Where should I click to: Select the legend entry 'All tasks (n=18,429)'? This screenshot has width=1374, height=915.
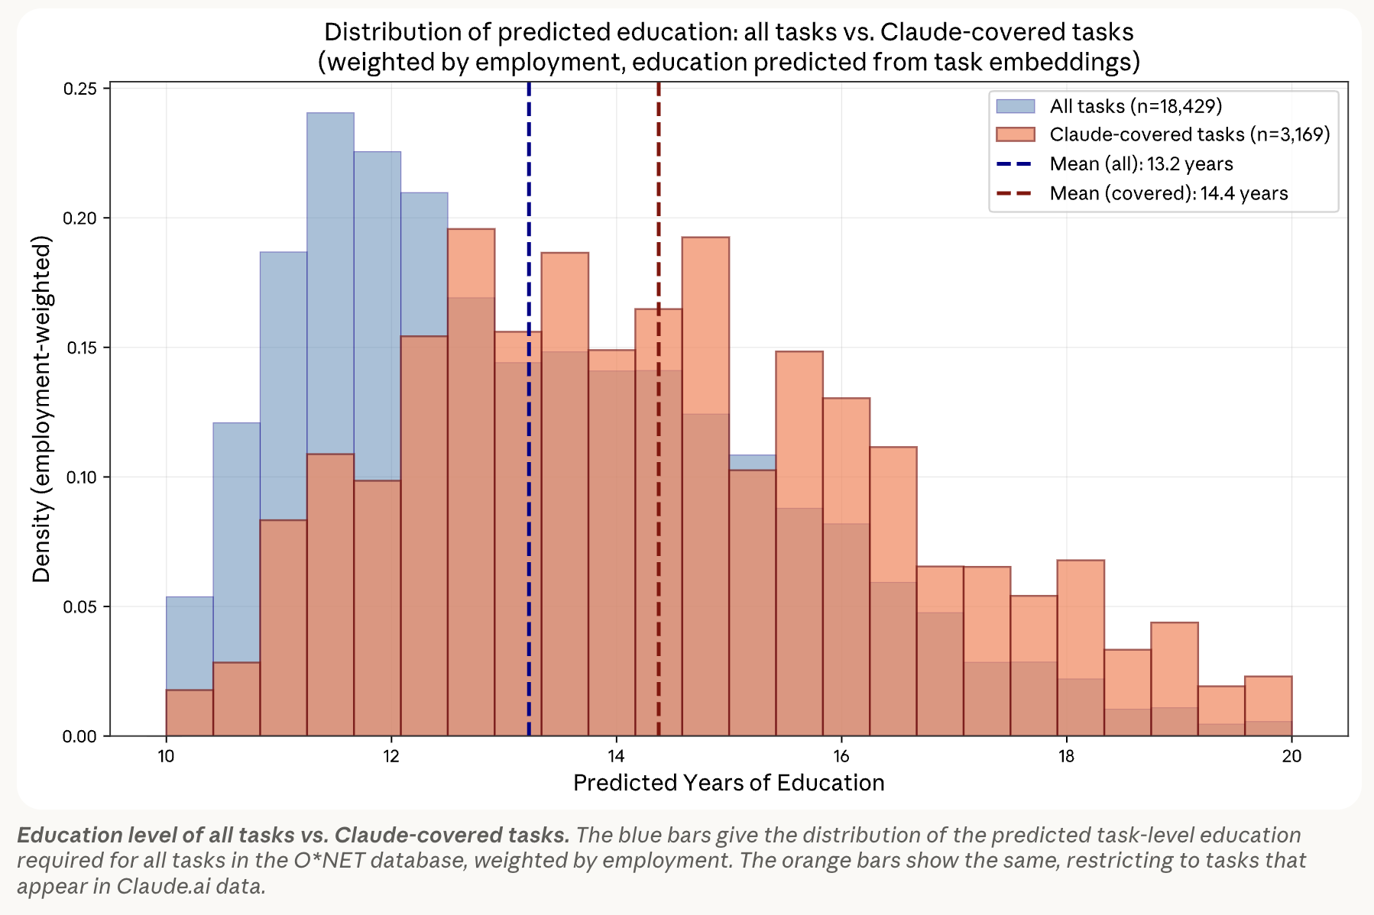click(x=1136, y=106)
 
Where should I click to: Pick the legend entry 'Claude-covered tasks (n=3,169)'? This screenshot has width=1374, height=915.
click(x=1189, y=135)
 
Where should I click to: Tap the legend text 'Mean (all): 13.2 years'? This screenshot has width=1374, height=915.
click(x=1141, y=164)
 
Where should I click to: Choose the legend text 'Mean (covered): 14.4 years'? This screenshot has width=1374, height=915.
click(x=1168, y=193)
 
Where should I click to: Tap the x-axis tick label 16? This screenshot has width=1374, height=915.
click(x=841, y=756)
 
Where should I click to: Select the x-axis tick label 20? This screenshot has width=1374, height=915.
click(x=1291, y=756)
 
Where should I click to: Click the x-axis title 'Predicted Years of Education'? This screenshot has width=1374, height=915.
click(x=728, y=783)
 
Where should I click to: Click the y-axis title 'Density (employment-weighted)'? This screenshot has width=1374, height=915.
click(x=42, y=409)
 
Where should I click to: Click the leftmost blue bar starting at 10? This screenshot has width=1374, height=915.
click(x=190, y=642)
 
